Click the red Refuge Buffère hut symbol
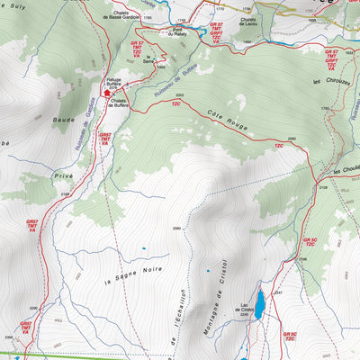click(108, 91)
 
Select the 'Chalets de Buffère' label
click(123, 102)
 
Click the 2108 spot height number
click(322, 187)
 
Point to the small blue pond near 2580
click(144, 247)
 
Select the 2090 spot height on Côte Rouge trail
click(279, 135)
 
